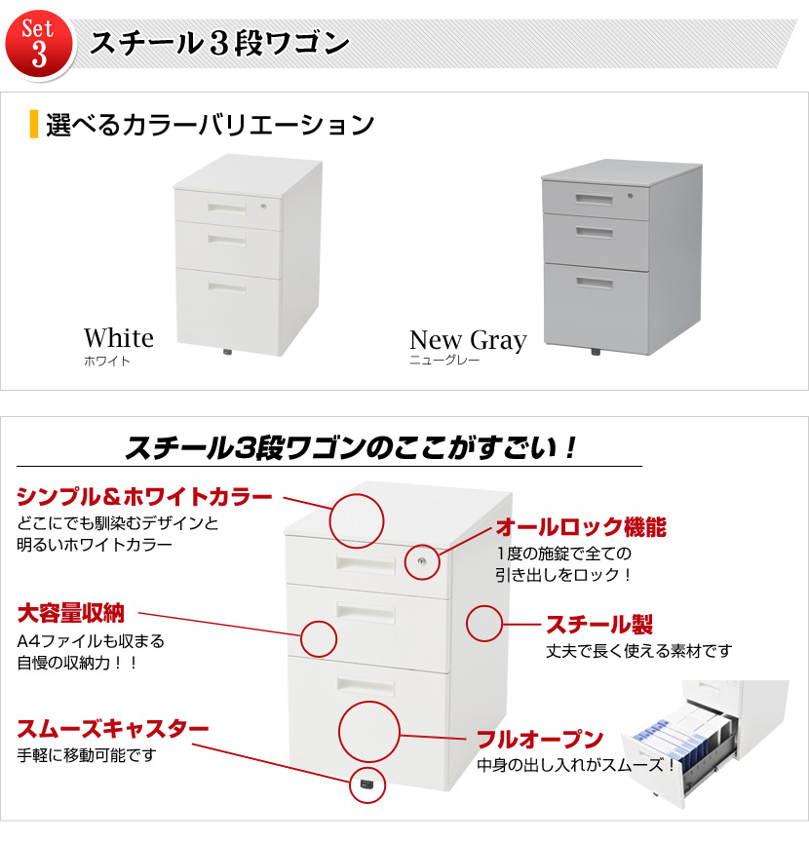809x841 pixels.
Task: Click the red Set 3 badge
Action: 39,45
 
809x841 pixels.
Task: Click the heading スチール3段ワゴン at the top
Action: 220,43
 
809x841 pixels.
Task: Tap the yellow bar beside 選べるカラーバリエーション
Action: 34,124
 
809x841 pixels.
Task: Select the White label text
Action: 119,338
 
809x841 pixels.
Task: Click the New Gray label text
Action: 468,339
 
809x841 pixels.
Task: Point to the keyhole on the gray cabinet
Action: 631,196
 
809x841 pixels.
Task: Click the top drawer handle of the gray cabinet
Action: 594,199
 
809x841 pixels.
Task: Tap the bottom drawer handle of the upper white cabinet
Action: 227,287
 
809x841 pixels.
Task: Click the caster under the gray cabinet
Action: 596,352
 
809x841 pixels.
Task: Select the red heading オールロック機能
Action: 581,527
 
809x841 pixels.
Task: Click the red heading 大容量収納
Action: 71,613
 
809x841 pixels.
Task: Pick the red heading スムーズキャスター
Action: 113,728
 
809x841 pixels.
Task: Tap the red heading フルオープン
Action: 540,739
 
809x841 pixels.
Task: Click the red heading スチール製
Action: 599,625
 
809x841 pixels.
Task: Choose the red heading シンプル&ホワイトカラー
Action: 145,497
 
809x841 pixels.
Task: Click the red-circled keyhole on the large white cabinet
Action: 422,561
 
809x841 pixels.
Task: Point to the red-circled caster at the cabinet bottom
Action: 367,784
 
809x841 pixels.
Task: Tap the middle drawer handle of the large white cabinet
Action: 366,613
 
